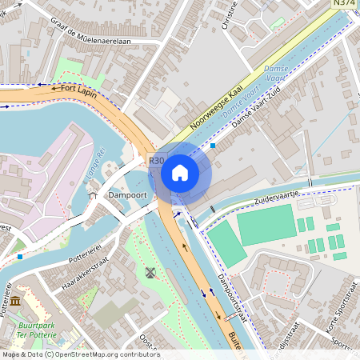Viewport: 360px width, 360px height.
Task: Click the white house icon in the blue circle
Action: [x=180, y=172]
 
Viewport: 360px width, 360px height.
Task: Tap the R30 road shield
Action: [x=156, y=161]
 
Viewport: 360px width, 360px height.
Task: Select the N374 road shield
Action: [x=345, y=4]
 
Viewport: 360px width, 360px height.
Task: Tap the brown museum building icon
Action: [x=16, y=302]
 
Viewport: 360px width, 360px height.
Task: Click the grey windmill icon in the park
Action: [x=149, y=273]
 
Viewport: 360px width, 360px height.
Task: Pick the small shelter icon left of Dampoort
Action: [x=93, y=194]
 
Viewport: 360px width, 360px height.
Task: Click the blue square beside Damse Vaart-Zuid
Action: [x=213, y=146]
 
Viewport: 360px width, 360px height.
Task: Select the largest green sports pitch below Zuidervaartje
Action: [x=266, y=224]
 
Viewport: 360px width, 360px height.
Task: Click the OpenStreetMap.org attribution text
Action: [x=112, y=354]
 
